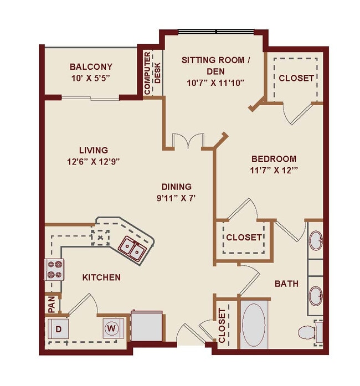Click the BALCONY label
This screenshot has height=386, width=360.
point(91,67)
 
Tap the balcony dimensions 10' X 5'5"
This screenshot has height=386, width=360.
point(91,78)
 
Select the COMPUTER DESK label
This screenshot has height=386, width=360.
point(152,68)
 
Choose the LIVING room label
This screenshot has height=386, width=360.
point(93,150)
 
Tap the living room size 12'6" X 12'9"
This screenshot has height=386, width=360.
point(93,161)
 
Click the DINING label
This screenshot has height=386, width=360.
point(177,187)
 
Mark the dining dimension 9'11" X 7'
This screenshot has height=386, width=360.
point(177,198)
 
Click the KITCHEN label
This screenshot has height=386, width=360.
point(102,277)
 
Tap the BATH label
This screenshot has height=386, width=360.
point(286,284)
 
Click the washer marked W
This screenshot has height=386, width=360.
point(112,328)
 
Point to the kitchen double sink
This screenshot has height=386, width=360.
point(132,247)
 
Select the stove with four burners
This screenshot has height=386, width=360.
point(54,269)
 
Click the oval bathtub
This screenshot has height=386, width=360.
point(255,325)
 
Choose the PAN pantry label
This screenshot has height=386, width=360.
point(51,304)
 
